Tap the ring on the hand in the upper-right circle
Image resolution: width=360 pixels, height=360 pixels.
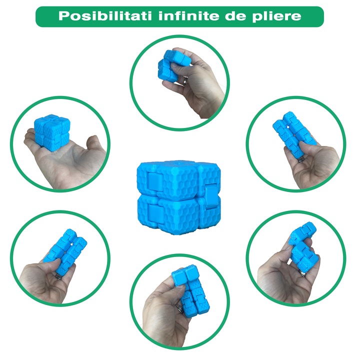click(x=302, y=159)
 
